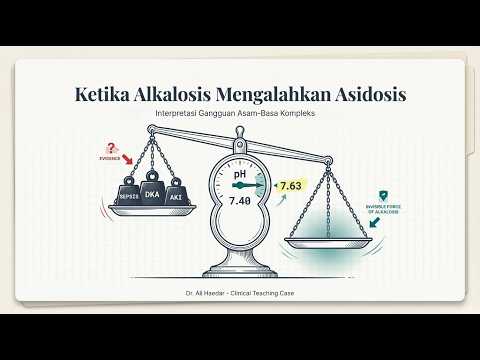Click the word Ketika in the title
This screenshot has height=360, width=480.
point(108,95)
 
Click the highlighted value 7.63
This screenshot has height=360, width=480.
point(290,186)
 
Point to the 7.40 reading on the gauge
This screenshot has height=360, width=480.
point(240,201)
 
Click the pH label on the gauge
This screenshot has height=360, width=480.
point(240,174)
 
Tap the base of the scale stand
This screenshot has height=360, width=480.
point(240,271)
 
